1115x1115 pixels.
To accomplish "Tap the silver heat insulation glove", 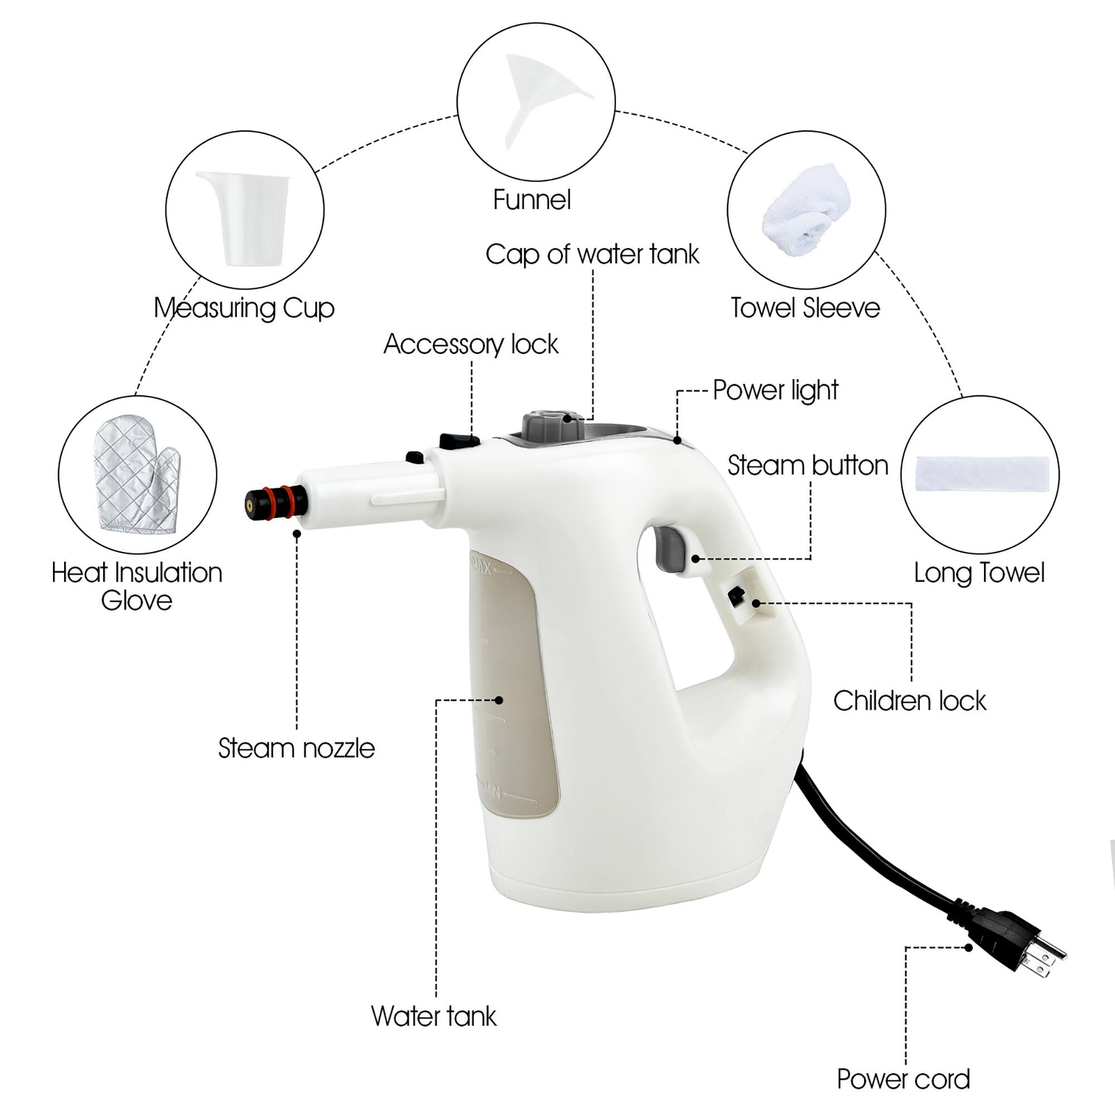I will coord(136,474).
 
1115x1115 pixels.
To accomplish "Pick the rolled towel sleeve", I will coord(806,209).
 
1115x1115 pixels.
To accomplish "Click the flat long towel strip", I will coord(982,473).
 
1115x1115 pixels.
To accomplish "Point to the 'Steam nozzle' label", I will coord(296,748).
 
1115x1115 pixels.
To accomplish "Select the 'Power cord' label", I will coord(903,1079).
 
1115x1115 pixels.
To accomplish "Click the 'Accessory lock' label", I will coord(471,344).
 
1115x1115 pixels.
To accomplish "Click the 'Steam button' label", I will coord(807,465).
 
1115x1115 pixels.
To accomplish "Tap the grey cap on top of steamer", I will coord(551,425).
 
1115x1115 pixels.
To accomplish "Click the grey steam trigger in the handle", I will coord(670,548).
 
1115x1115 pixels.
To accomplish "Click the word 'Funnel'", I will coord(531,200).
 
